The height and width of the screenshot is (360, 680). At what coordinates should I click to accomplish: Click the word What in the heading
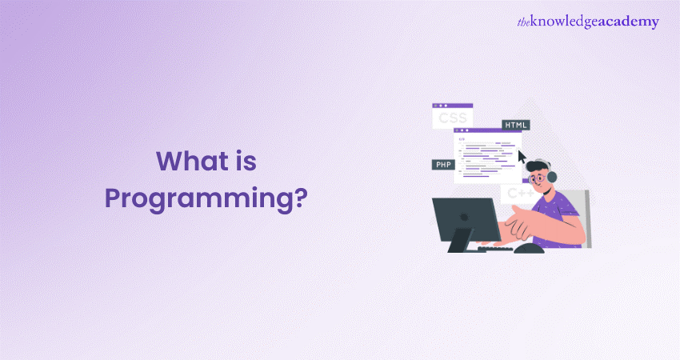pos(193,161)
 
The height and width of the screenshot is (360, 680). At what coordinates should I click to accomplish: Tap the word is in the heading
pos(246,161)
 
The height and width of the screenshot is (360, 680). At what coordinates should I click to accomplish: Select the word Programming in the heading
pos(198,199)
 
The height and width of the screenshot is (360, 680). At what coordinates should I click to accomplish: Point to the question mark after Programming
pos(301,197)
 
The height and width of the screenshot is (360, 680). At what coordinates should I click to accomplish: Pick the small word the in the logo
pos(523,22)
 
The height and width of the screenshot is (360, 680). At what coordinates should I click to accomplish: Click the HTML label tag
pos(516,125)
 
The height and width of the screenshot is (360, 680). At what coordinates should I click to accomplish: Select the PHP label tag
pos(443,164)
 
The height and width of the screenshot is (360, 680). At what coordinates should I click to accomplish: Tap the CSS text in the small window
pos(452,118)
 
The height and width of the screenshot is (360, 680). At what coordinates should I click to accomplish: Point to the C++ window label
pos(520,193)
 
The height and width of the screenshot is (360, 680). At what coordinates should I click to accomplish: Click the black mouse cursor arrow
pos(522,157)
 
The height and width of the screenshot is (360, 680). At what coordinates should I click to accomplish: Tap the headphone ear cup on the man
pos(552,177)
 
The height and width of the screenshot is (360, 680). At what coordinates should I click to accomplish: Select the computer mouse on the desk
pos(529,248)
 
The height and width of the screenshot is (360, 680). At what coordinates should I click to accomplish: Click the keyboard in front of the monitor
pos(494,249)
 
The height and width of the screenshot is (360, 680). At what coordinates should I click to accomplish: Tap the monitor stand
pos(460,241)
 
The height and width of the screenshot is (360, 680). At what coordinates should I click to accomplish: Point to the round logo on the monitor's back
pos(465,217)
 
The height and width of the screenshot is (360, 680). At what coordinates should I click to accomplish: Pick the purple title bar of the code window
pos(487,130)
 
